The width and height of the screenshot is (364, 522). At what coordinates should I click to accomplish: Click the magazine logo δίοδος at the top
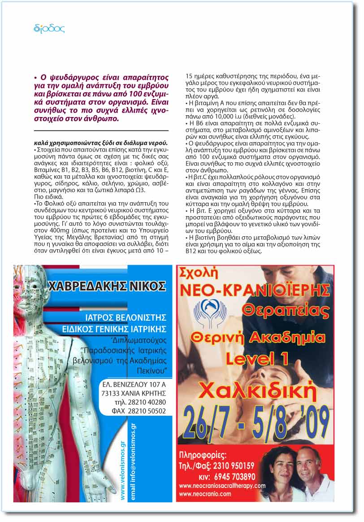[49, 29]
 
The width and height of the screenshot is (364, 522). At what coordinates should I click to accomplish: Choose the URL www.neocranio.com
[205, 494]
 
